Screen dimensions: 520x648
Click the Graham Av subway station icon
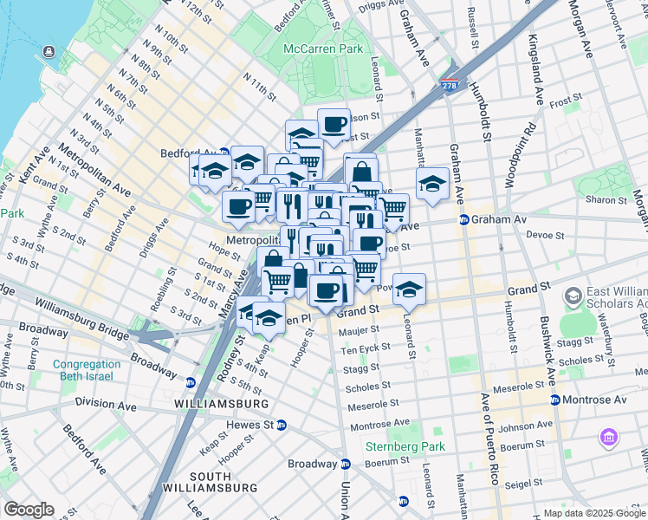coord(463,220)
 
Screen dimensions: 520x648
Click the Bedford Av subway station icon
coord(224,153)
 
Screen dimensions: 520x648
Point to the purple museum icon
coord(608,438)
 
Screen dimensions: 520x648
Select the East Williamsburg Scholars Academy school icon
coord(573,297)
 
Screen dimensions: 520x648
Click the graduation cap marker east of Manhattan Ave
coord(431,183)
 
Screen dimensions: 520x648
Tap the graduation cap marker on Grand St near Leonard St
coord(410,288)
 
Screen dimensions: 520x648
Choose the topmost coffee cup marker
coord(334,123)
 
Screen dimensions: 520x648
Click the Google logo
coord(29,510)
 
